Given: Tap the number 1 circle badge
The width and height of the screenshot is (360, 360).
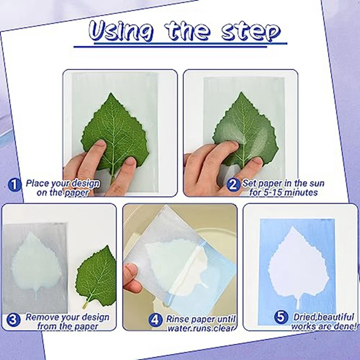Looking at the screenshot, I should coord(15,184).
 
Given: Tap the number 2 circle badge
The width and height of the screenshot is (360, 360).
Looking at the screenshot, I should coord(233,184).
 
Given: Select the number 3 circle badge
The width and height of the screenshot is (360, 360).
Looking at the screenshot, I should coord(13,319).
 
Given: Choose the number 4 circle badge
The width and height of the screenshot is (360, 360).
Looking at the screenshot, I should coord(156,319).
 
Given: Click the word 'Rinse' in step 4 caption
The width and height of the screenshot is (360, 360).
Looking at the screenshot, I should coord(178,319).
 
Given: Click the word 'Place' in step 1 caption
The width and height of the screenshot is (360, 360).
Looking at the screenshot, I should coord(37,183).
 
